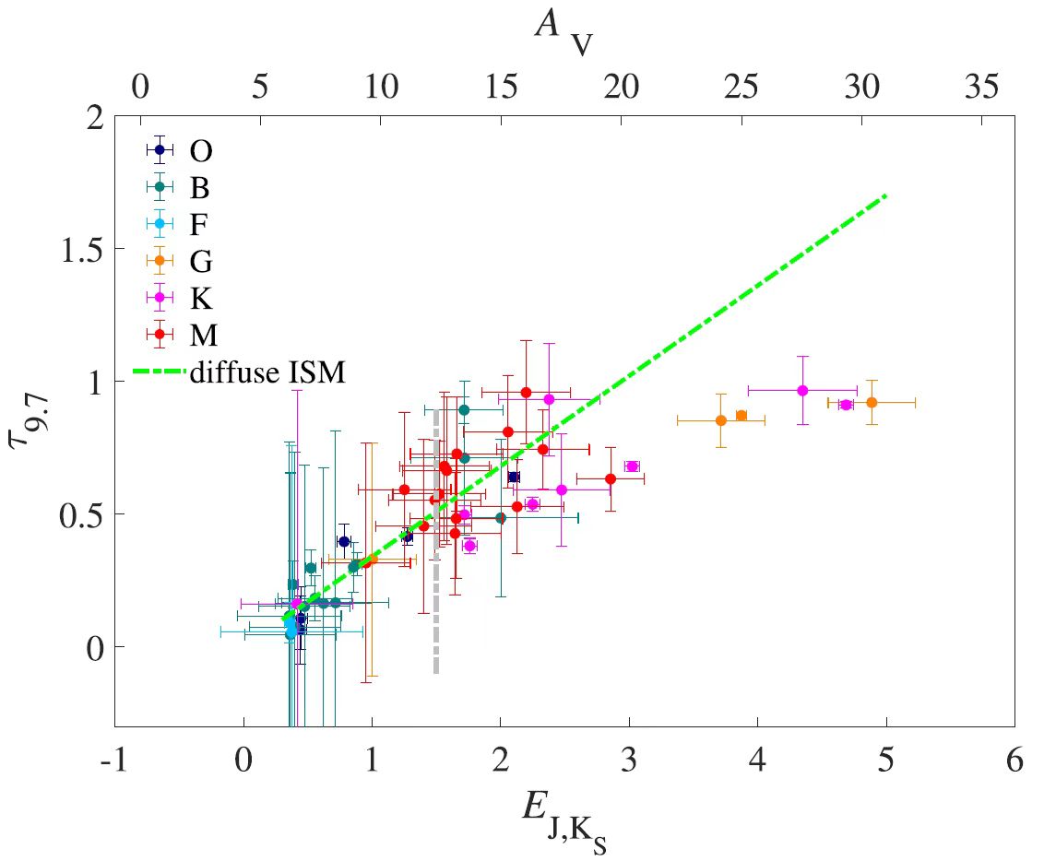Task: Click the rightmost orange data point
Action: coord(872,402)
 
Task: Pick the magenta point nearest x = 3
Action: coord(632,466)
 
